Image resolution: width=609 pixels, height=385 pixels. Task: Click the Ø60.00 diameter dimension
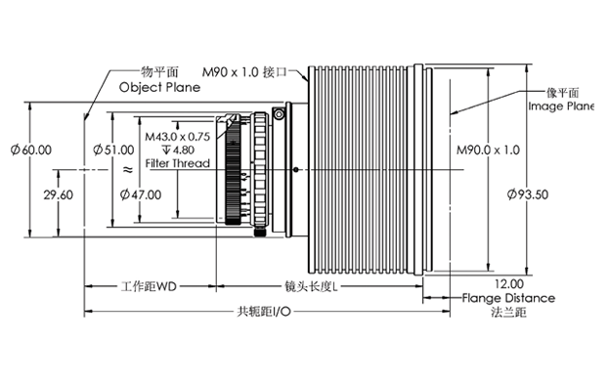tap(31, 150)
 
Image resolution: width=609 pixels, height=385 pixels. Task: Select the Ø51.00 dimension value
tap(113, 150)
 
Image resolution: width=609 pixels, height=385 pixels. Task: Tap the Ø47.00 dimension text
tap(141, 194)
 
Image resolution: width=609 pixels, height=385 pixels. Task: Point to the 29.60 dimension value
tap(59, 194)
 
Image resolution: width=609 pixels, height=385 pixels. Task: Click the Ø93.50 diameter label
tap(528, 194)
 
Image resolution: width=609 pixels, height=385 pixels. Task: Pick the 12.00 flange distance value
tap(509, 283)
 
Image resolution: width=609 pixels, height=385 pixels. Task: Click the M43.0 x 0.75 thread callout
tap(178, 137)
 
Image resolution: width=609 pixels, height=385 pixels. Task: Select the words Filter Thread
tap(178, 163)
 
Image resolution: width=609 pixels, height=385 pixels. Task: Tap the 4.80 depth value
tap(183, 150)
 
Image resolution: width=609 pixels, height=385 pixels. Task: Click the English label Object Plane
tap(159, 87)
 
